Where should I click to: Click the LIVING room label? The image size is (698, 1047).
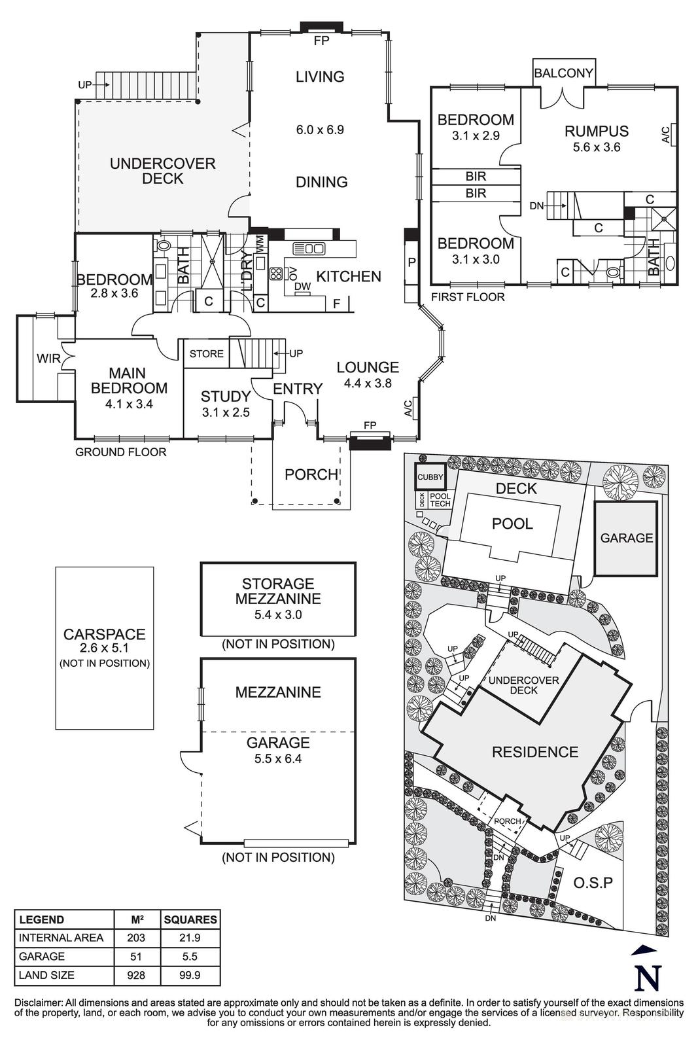pos(319,77)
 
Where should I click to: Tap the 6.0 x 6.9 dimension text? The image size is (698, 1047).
pos(319,130)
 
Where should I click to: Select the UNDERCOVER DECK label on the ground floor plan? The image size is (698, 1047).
pos(162,171)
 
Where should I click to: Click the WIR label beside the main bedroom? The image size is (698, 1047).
pos(47,359)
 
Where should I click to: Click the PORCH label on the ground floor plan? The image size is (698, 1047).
pos(311,474)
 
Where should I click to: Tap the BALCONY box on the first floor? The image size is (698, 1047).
pos(563,73)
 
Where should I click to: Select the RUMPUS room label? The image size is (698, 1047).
pos(596,132)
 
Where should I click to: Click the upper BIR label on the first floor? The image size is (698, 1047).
pos(476,177)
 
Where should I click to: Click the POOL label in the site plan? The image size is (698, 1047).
pos(512,523)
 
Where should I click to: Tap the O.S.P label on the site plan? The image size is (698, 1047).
pos(593,883)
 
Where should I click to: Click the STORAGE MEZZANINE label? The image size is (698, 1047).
pos(278,591)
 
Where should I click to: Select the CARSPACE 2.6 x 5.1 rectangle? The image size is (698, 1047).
pos(105,647)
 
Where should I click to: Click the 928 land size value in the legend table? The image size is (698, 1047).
pos(136,975)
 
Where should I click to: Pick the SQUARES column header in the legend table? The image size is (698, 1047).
pos(190,919)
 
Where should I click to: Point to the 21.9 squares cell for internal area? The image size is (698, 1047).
pos(190,938)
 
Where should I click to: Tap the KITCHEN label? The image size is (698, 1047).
pos(348,276)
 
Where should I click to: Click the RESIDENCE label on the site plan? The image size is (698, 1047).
pos(534,753)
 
